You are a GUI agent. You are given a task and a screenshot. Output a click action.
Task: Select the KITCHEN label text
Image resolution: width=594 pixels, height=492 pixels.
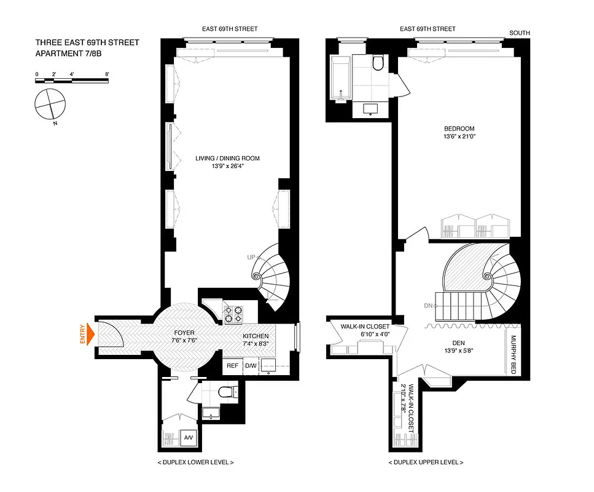(255, 336)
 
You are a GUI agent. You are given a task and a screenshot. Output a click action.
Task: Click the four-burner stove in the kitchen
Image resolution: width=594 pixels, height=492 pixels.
(233, 314)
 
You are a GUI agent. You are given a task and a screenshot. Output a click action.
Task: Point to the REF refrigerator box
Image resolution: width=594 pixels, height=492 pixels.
(232, 365)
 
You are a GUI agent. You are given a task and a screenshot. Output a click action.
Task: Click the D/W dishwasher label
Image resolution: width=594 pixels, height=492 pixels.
(250, 365)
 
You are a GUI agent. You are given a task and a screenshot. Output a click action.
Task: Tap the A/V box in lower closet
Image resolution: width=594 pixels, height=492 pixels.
(188, 437)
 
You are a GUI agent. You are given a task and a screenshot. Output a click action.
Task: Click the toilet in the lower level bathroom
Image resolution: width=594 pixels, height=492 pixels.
(227, 392)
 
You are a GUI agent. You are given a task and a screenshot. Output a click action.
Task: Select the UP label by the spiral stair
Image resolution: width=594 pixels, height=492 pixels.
(251, 257)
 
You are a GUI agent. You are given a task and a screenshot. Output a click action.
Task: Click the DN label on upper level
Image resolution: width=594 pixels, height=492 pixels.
(428, 305)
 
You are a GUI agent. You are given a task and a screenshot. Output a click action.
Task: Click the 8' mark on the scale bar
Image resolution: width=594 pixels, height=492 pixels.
(107, 74)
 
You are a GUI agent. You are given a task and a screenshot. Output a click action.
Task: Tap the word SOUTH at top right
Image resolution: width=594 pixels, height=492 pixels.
(519, 33)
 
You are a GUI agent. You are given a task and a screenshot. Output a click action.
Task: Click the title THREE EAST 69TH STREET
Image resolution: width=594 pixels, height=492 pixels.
(87, 42)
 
